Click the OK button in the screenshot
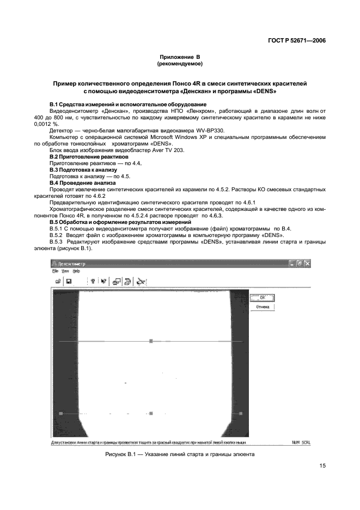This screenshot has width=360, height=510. (x=262, y=297)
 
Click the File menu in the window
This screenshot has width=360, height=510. (x=55, y=271)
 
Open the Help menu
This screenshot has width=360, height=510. (x=76, y=271)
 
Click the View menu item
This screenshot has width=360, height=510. (x=65, y=271)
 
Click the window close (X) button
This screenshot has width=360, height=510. (x=307, y=263)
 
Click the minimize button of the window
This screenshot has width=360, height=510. (x=292, y=263)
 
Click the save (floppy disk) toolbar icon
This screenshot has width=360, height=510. (x=69, y=281)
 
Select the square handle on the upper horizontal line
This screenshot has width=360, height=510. (x=151, y=341)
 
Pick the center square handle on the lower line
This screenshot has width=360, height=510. (x=151, y=414)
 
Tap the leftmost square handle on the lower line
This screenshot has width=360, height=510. (x=61, y=414)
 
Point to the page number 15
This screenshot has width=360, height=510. (x=322, y=466)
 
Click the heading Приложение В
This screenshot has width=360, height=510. (x=180, y=57)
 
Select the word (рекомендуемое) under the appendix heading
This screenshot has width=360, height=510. (x=180, y=64)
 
